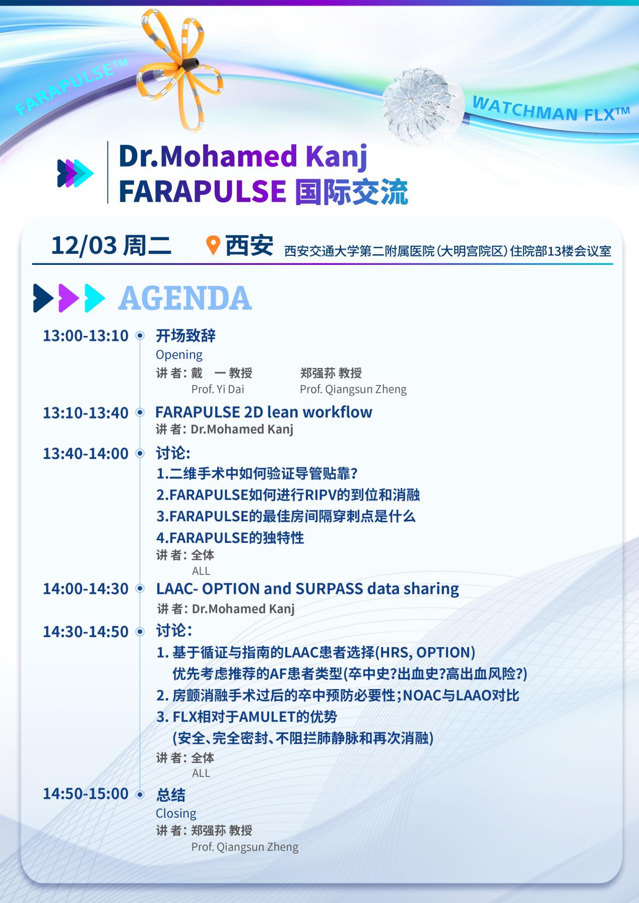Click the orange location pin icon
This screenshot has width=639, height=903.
(x=214, y=245)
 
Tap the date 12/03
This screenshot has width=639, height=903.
(x=84, y=245)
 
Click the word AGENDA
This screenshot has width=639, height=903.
(x=185, y=298)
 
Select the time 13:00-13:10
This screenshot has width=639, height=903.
(x=86, y=335)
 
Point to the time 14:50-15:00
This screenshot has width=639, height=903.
(x=86, y=794)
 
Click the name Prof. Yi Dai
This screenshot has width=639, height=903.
(x=218, y=389)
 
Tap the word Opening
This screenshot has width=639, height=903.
(x=179, y=355)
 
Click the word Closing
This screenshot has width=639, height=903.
(x=176, y=813)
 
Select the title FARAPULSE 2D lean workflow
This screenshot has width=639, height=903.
(x=264, y=412)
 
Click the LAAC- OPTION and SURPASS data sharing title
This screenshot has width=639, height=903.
(x=307, y=589)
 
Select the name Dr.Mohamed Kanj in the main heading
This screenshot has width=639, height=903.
(x=243, y=157)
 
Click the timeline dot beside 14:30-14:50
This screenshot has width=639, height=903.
(x=140, y=632)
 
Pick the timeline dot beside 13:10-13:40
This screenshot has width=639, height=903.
(x=140, y=413)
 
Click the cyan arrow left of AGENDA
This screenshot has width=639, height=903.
(x=95, y=298)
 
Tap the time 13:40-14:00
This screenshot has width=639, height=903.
(x=86, y=454)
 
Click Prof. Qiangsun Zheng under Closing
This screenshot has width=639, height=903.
(x=245, y=847)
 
